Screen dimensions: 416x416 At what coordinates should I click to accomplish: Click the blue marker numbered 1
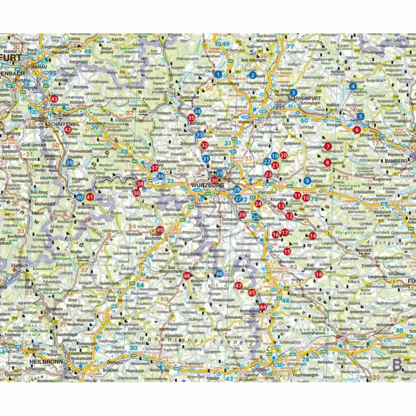(219, 74)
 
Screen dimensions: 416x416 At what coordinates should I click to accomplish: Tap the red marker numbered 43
(54, 98)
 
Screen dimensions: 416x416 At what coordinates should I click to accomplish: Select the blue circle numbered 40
(80, 197)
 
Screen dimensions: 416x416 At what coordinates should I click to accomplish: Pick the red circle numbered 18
(319, 274)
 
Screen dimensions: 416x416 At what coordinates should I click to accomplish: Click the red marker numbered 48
(186, 276)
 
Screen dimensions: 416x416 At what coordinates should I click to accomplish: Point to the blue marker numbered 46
(219, 274)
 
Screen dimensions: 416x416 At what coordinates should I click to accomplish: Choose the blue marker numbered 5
(360, 117)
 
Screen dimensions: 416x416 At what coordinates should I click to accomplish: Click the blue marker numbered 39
(69, 163)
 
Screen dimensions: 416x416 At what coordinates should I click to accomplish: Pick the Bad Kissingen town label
(253, 60)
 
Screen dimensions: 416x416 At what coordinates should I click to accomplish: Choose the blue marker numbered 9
(307, 180)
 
